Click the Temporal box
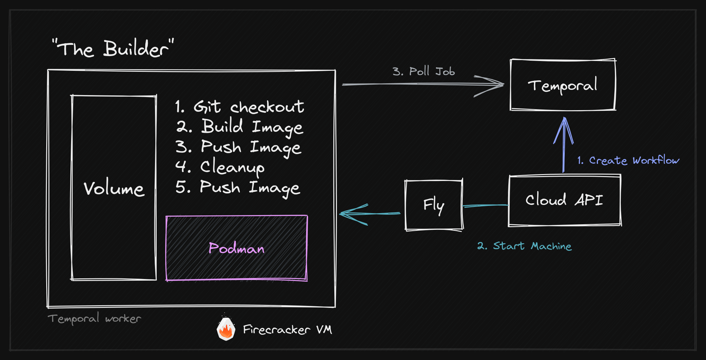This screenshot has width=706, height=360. pos(563,85)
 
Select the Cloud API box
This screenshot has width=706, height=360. pos(564,200)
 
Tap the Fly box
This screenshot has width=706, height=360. pos(434,205)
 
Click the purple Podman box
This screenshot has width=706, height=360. pos(237,248)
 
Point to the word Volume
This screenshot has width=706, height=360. pos(114,189)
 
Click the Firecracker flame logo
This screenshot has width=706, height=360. pos(226,329)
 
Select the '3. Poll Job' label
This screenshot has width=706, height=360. pos(423,71)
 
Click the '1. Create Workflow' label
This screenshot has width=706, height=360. pos(628,160)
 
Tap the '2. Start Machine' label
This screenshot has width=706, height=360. pos(524,246)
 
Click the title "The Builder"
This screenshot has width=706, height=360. pos(113,49)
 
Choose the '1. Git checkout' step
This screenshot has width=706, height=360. pos(239,107)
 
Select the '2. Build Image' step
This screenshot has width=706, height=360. pos(239,127)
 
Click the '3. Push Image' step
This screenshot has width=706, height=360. pos(238,147)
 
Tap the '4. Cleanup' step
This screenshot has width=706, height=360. pos(220,167)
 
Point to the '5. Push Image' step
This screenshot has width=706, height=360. pos(238,188)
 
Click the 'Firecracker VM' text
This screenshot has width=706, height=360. pos(287,330)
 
